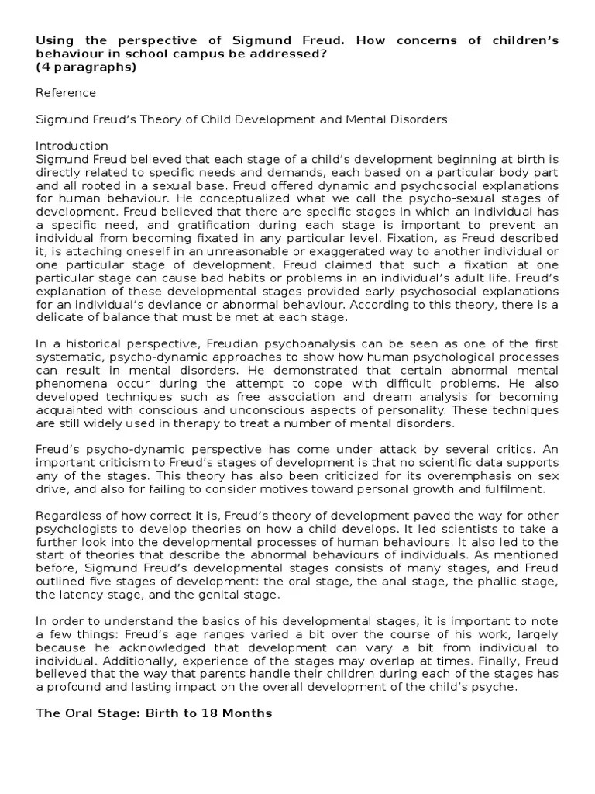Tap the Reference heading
pos(66,93)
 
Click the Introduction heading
pos(72,146)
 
